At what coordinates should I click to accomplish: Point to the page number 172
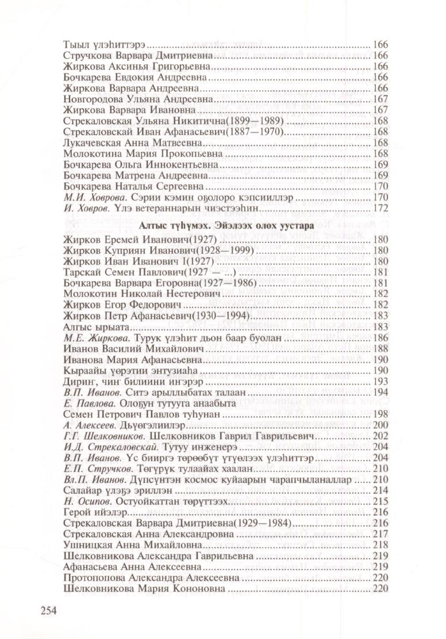(x=381, y=208)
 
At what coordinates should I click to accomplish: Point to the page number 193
(x=381, y=381)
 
